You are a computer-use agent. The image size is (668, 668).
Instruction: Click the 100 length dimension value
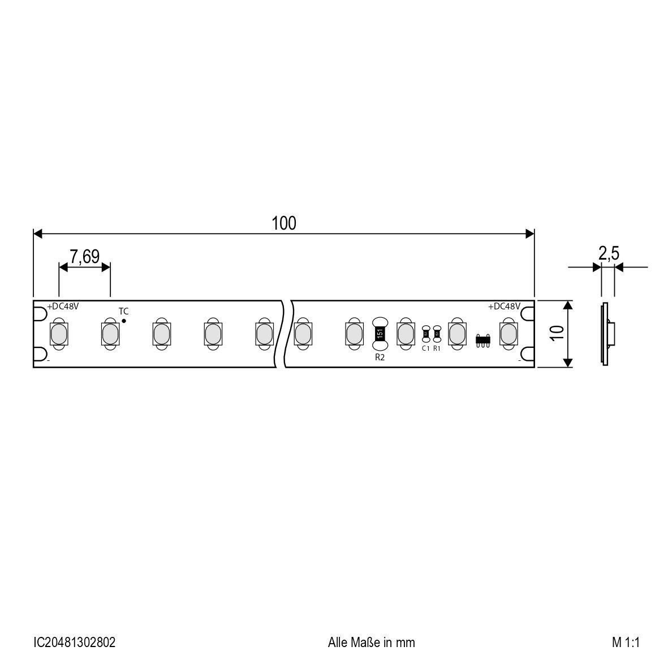(284, 223)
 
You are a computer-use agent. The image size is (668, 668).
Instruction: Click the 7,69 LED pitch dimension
(84, 257)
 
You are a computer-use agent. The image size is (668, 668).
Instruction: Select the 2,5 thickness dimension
(609, 254)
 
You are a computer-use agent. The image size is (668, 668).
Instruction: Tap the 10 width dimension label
(558, 333)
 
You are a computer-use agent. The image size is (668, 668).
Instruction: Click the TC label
(123, 311)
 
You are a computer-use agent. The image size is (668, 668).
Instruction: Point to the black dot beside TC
(124, 321)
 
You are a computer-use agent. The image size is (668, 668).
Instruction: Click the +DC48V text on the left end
(63, 306)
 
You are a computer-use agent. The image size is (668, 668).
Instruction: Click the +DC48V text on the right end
(504, 306)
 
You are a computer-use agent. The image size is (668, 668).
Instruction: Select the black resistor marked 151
(380, 334)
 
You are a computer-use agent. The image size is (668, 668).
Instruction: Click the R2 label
(380, 357)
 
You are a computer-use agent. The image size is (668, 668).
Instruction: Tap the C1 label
(426, 348)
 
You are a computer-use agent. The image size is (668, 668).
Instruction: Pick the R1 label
(437, 348)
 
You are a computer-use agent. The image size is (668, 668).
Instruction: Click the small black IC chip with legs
(482, 339)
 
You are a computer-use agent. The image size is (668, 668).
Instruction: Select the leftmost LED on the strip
(58, 334)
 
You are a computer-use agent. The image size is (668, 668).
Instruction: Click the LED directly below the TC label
(110, 334)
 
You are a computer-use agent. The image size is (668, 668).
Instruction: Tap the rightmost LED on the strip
(508, 334)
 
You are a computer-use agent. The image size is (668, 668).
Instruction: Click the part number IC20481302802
(75, 643)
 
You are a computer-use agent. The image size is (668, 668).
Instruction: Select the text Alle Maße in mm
(371, 643)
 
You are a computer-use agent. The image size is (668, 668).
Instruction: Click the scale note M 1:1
(624, 643)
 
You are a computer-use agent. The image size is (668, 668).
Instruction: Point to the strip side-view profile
(606, 334)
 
